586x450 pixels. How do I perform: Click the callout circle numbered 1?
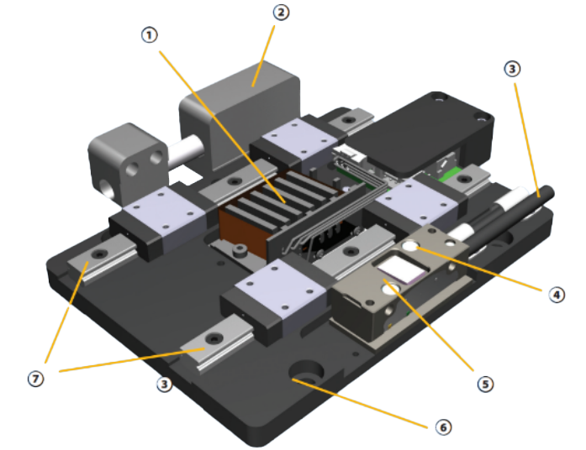click(149, 36)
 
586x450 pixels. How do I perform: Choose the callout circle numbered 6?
click(443, 426)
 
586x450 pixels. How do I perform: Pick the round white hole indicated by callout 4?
click(410, 247)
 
